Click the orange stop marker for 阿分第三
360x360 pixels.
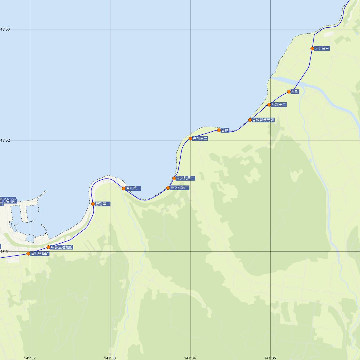(312, 49)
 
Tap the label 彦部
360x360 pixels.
(295, 92)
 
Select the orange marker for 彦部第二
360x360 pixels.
(269, 105)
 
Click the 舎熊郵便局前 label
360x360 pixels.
(263, 120)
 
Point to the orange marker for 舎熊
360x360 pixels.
(219, 130)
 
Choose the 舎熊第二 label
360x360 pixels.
(200, 139)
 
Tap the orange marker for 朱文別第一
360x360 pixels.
(174, 178)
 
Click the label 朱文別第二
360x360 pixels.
(179, 188)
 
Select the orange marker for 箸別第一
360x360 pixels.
(124, 188)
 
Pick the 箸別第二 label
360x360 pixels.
(103, 204)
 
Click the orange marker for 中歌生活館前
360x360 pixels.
(49, 247)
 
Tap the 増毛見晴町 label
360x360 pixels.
(40, 254)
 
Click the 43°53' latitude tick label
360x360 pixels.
(5, 29)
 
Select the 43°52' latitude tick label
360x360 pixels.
(5, 140)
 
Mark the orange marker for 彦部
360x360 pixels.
(289, 92)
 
